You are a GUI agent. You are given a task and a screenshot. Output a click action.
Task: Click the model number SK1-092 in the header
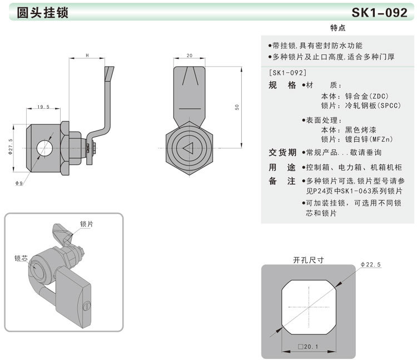[x=379, y=13]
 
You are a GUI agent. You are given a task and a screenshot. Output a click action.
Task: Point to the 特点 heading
[x=338, y=28]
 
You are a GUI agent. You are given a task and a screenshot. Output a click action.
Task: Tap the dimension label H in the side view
[x=88, y=56]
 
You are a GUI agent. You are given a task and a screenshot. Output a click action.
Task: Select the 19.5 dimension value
[x=44, y=107]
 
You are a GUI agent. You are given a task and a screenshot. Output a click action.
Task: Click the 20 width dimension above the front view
[x=190, y=56]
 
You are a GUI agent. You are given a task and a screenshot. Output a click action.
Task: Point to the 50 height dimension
[x=237, y=107]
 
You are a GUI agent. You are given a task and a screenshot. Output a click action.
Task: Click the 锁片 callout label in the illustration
[x=86, y=223]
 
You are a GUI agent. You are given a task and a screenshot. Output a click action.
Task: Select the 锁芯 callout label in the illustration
[x=21, y=258]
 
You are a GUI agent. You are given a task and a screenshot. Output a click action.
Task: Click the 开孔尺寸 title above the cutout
[x=308, y=259]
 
